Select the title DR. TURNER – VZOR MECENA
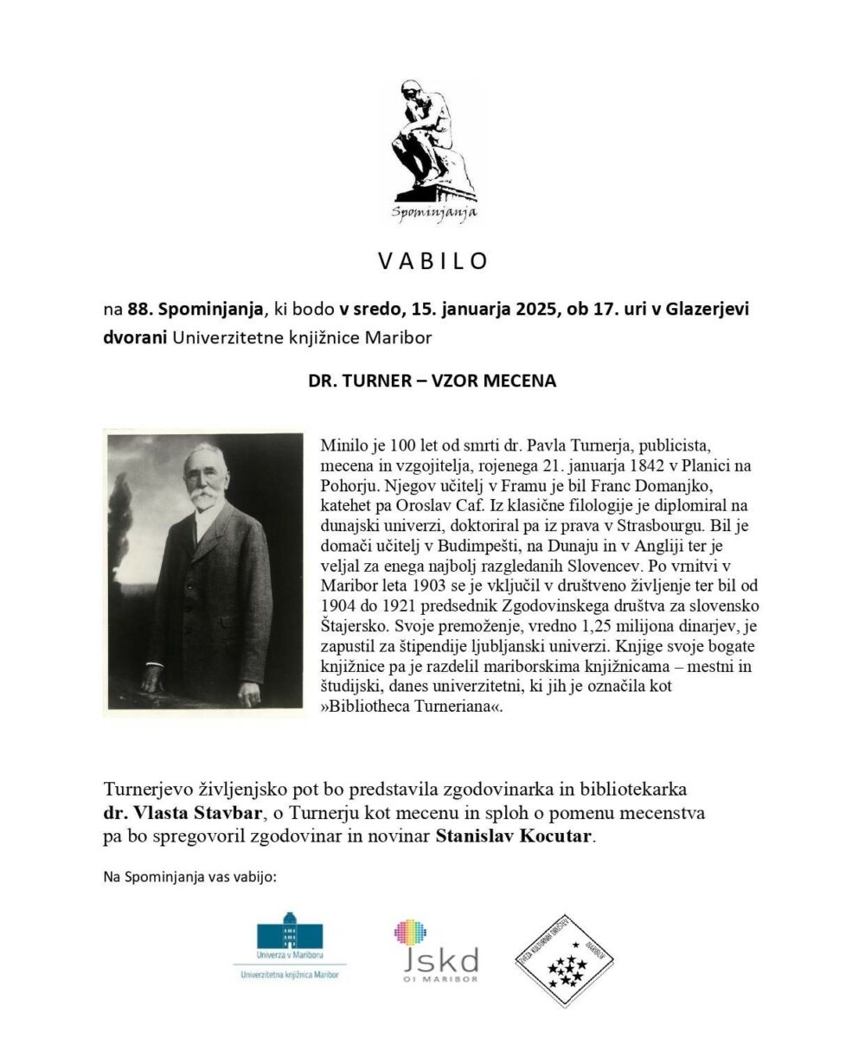[432, 380]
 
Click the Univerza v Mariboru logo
[290, 946]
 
